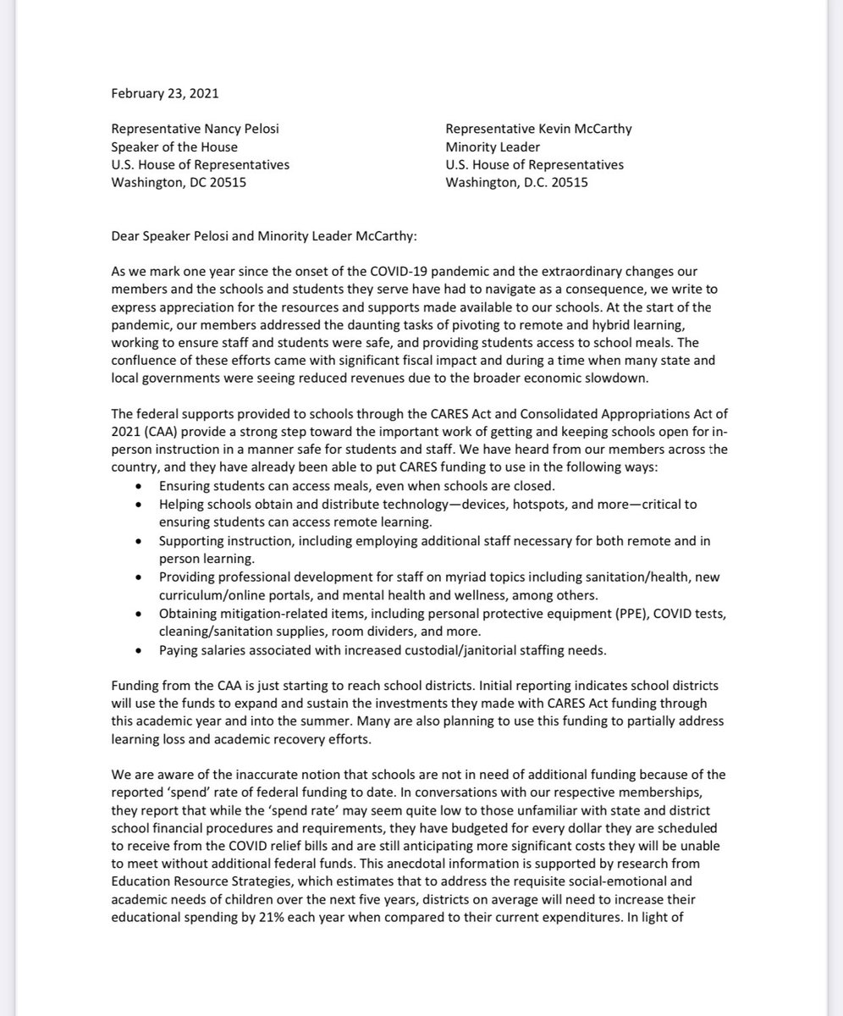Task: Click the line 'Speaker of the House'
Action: click(176, 147)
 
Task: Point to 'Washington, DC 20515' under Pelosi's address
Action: click(179, 181)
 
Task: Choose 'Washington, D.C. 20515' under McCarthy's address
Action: click(517, 181)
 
